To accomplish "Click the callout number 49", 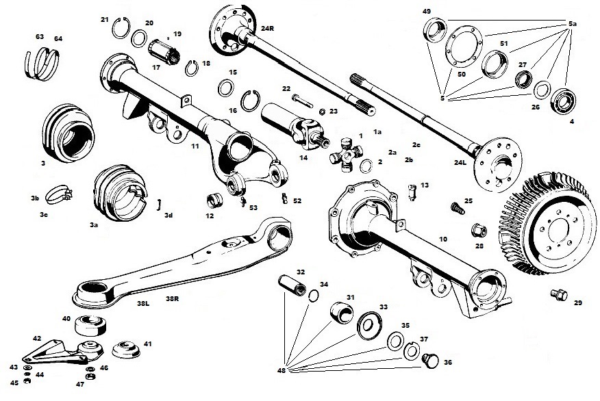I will click(426, 12).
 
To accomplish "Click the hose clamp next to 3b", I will click(58, 196).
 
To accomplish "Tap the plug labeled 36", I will click(429, 359).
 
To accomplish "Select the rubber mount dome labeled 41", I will click(125, 348).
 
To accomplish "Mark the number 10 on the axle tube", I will click(442, 240).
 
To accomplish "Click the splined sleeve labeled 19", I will click(162, 48).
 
